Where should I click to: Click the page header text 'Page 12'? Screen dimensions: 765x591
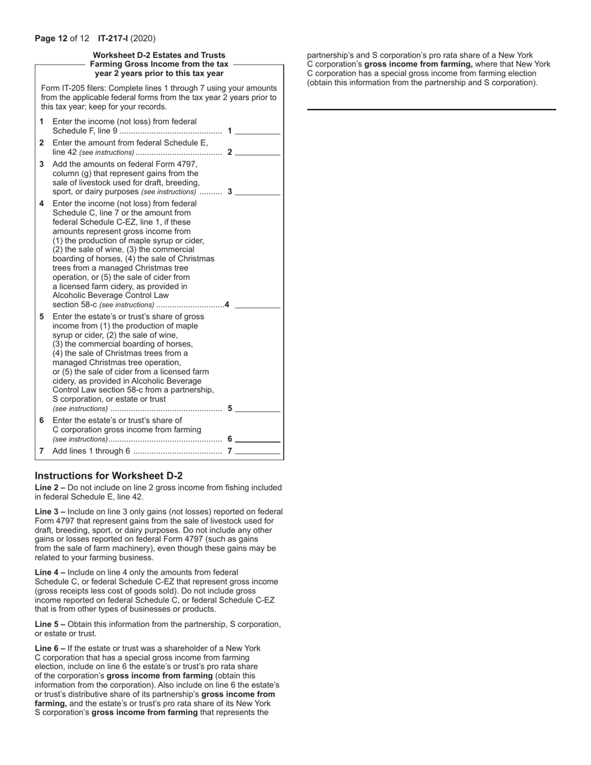51,39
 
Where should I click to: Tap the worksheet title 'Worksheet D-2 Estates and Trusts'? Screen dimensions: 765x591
159,55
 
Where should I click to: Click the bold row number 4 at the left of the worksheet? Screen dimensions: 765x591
42,203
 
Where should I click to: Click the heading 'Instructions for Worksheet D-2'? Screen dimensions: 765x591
109,476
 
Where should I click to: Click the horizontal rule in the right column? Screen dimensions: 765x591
431,109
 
